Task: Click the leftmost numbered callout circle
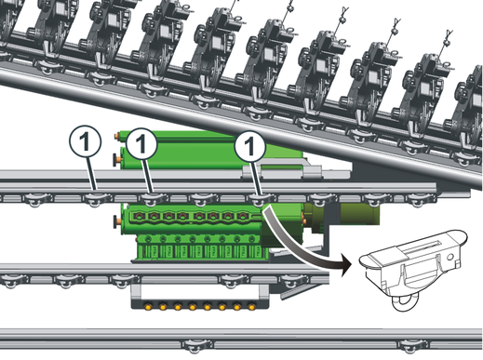[85, 142]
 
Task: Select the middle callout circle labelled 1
[141, 144]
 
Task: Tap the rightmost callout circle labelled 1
[249, 147]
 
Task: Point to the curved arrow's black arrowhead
[346, 264]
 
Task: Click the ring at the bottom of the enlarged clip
[402, 302]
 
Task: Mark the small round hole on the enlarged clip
[450, 257]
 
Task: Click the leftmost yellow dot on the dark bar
[148, 307]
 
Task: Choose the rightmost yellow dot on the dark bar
[251, 307]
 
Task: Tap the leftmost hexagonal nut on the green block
[139, 216]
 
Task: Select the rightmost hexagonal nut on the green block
[242, 216]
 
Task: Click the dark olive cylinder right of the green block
[360, 214]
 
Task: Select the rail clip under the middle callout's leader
[153, 199]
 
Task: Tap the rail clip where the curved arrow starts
[260, 199]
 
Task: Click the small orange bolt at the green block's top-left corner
[117, 136]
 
